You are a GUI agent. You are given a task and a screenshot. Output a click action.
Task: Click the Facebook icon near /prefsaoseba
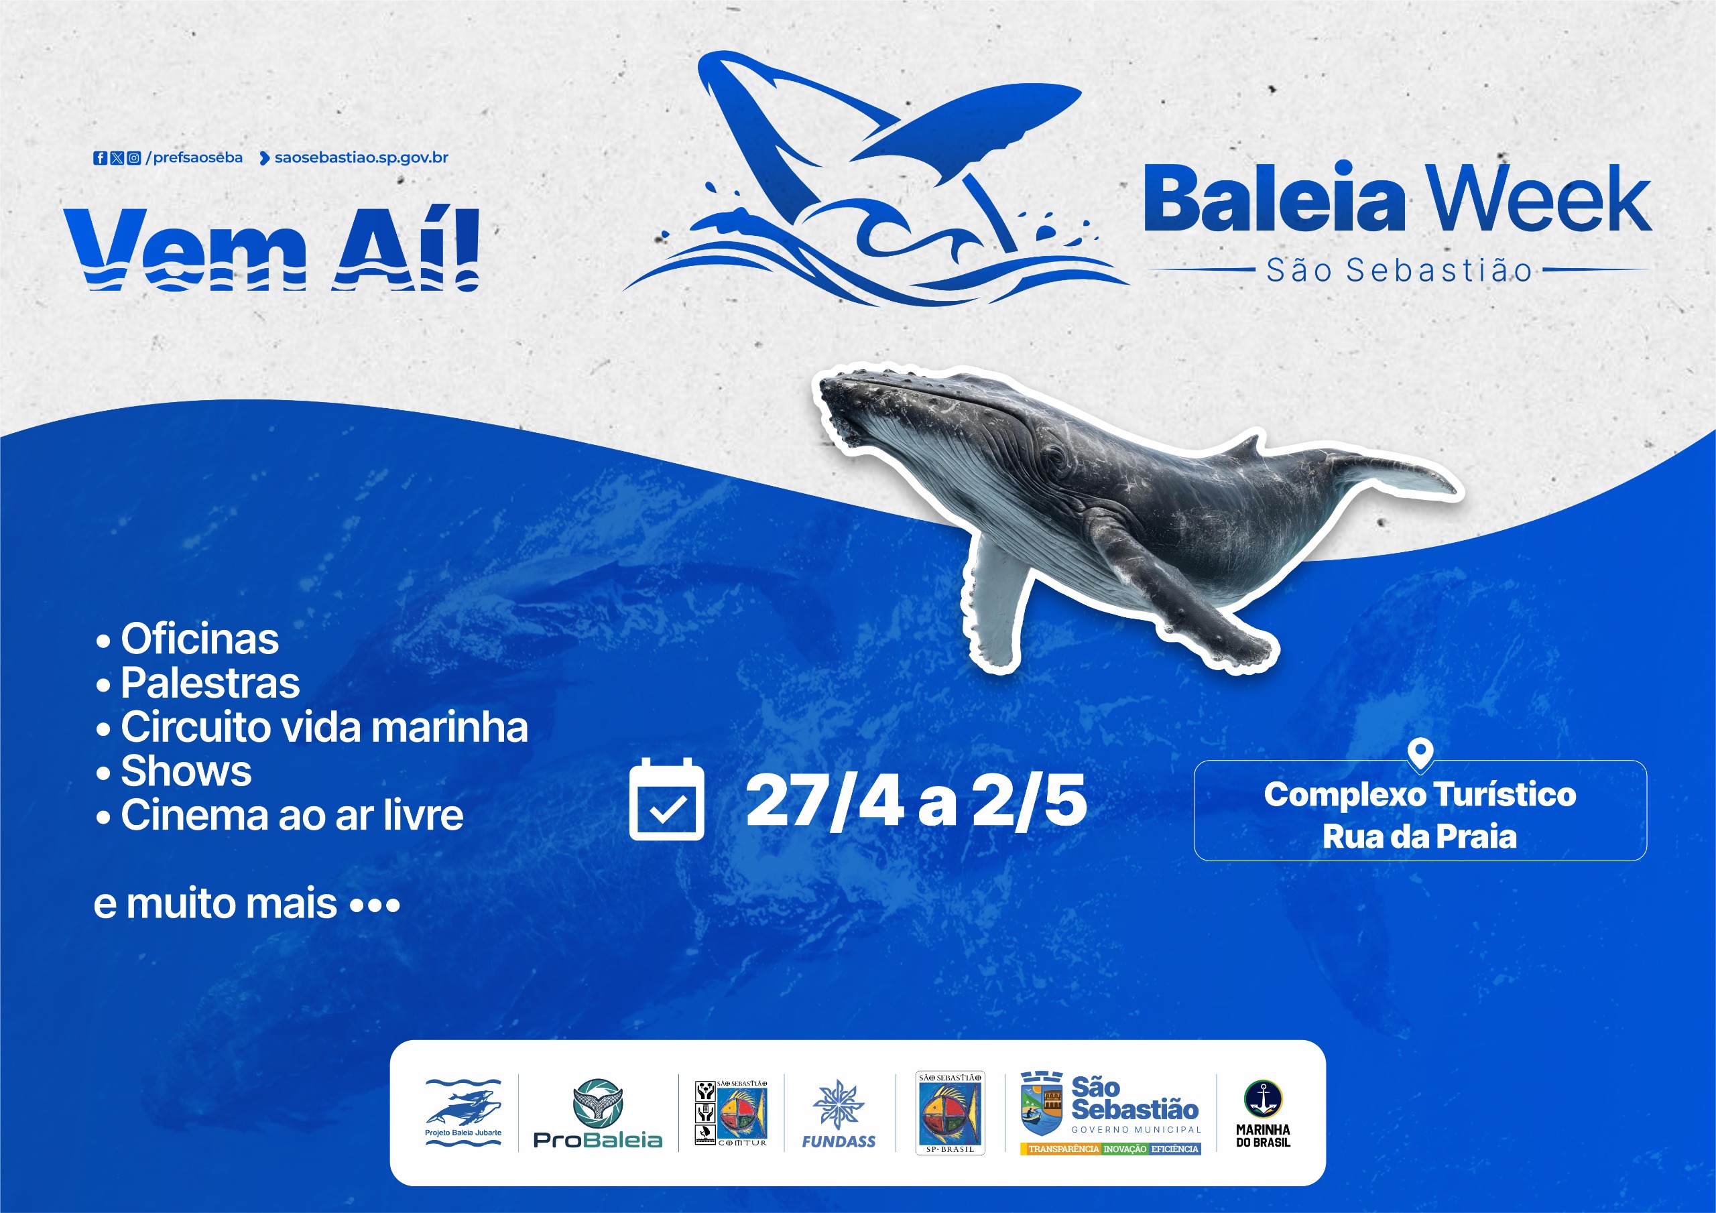pyautogui.click(x=99, y=157)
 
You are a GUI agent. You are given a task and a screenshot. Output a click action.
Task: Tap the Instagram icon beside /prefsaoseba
pyautogui.click(x=134, y=157)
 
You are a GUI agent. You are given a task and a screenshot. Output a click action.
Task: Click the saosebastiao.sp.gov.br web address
pyautogui.click(x=362, y=157)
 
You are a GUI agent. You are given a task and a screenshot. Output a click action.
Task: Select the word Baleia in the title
pyautogui.click(x=1274, y=199)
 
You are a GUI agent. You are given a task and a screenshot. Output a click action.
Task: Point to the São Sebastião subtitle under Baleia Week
pyautogui.click(x=1399, y=271)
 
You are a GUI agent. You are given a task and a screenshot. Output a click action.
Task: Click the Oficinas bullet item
pyautogui.click(x=188, y=640)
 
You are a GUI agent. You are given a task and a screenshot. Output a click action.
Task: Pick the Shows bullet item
pyautogui.click(x=174, y=771)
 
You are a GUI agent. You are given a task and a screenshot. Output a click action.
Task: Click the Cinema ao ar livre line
pyautogui.click(x=280, y=816)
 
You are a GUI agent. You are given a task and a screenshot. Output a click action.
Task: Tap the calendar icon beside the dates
pyautogui.click(x=667, y=800)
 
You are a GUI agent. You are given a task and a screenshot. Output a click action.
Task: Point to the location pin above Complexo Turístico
pyautogui.click(x=1420, y=753)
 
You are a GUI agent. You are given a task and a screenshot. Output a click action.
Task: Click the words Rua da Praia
pyautogui.click(x=1420, y=836)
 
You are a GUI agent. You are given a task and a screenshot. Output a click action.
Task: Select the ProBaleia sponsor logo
pyautogui.click(x=598, y=1114)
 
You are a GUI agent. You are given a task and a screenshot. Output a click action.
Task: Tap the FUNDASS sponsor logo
pyautogui.click(x=839, y=1114)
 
